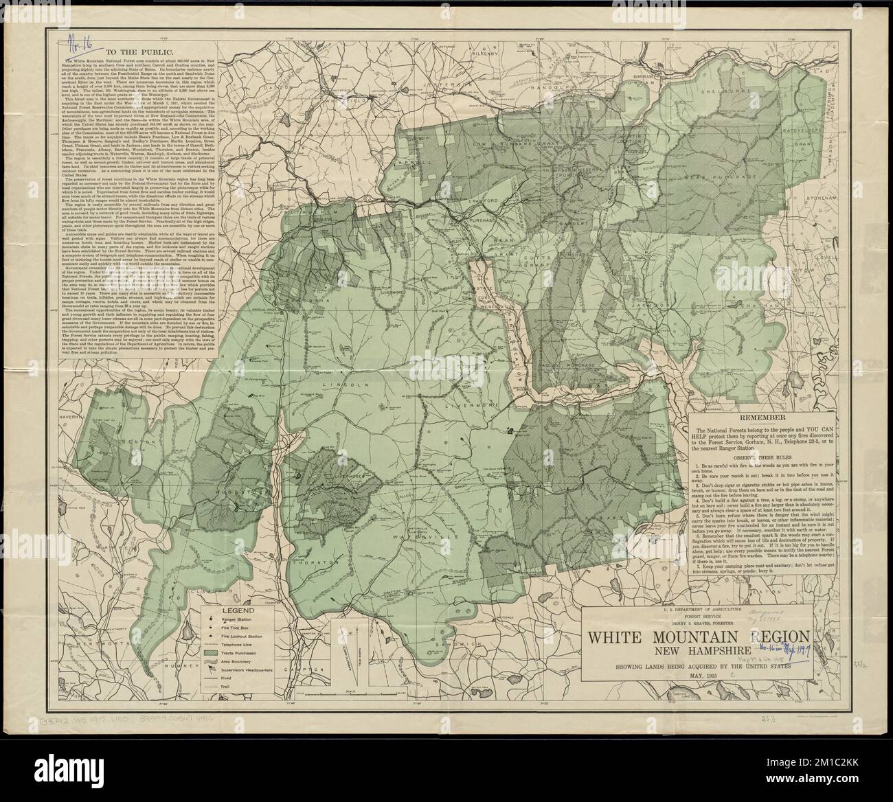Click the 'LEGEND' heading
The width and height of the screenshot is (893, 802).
point(234,609)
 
